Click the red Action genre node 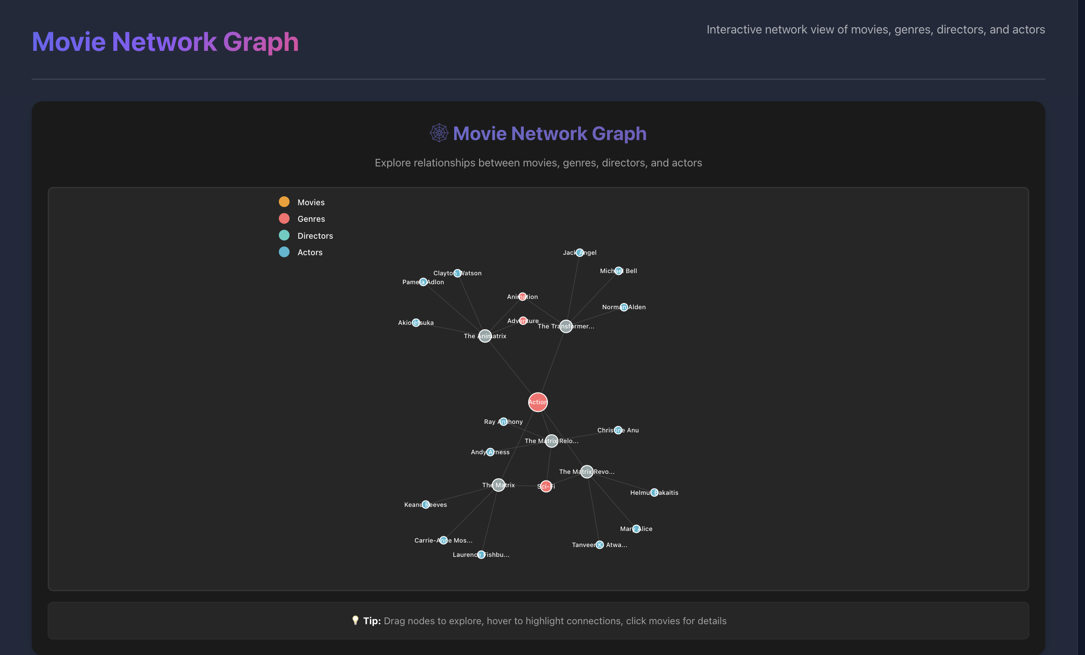538,402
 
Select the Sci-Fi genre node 546,486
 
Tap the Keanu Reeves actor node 426,505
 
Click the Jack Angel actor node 580,253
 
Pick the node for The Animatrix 485,336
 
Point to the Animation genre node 522,297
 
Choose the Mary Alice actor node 636,529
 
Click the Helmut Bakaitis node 654,493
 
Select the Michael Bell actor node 618,271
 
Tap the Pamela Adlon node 423,282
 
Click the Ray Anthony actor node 503,422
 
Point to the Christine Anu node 618,430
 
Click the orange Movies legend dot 284,202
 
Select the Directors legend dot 284,235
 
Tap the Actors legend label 310,253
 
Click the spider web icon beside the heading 439,133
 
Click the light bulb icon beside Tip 355,620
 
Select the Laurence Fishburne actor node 480,555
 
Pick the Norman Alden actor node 624,307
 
